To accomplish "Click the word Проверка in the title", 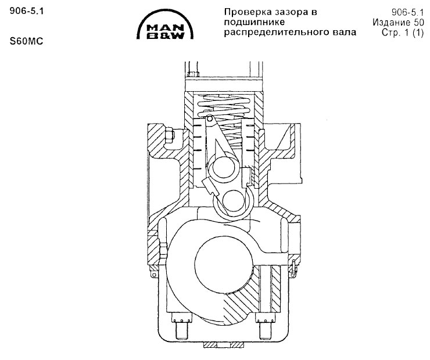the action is (249, 12).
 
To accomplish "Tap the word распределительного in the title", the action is (275, 33).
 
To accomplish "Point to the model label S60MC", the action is (26, 41).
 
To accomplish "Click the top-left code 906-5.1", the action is (27, 11).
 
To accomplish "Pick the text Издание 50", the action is (398, 22).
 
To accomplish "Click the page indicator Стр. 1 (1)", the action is (403, 33).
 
